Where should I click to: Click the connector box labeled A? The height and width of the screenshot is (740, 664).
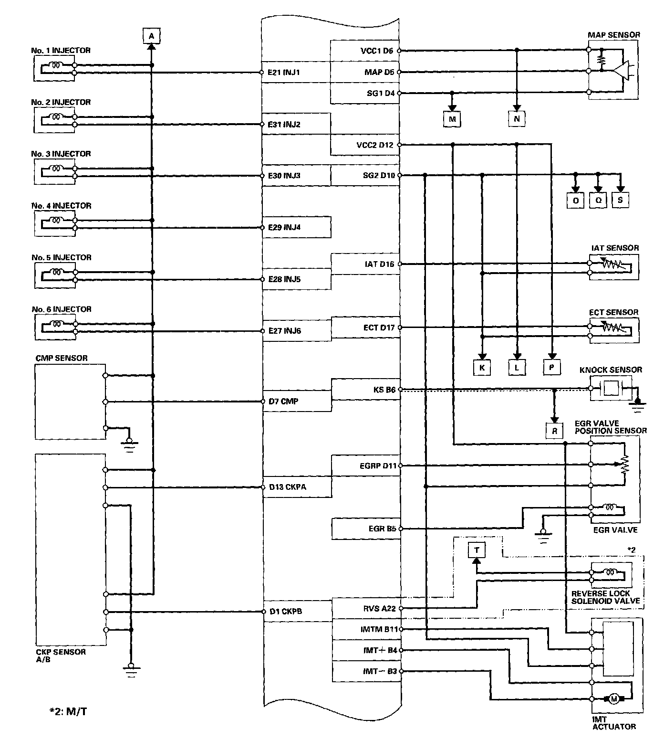(151, 36)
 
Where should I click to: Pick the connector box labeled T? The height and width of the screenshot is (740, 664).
(476, 550)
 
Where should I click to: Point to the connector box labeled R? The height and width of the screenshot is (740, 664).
(554, 431)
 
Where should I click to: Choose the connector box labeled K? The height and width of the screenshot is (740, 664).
(482, 367)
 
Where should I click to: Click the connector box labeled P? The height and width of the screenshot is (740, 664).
(551, 367)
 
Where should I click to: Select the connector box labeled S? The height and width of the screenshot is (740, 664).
(620, 200)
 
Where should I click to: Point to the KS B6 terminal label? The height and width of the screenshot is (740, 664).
(384, 390)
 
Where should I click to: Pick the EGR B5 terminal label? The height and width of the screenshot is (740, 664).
(382, 529)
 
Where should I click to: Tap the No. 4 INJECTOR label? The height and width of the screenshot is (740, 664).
(62, 205)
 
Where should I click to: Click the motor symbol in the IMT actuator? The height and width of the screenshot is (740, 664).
(614, 699)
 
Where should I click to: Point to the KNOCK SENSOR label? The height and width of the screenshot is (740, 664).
(611, 370)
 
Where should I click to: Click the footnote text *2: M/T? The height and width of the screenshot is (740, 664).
(68, 712)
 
